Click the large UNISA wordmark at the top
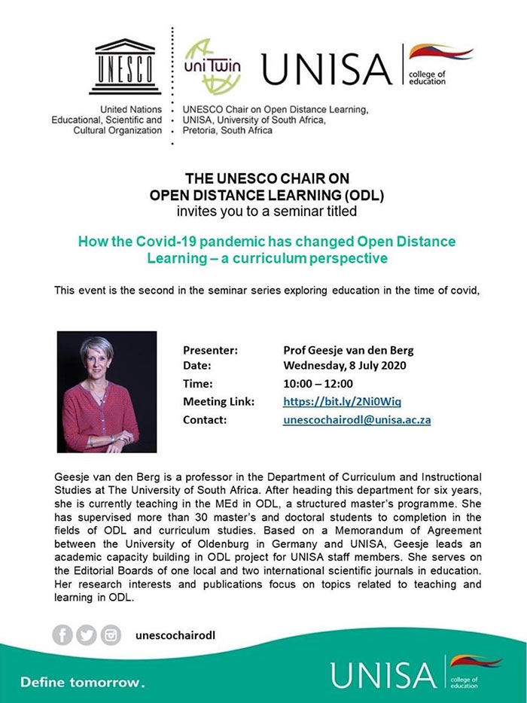pyautogui.click(x=327, y=70)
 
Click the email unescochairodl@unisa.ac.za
pyautogui.click(x=356, y=419)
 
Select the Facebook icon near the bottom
pyautogui.click(x=63, y=635)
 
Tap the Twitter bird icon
pyautogui.click(x=87, y=635)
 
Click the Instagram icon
pyautogui.click(x=111, y=635)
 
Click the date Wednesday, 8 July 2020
pyautogui.click(x=344, y=367)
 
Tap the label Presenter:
pyautogui.click(x=210, y=350)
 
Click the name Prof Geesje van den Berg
pyautogui.click(x=348, y=350)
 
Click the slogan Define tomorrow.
pyautogui.click(x=81, y=683)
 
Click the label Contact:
pyautogui.click(x=205, y=419)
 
